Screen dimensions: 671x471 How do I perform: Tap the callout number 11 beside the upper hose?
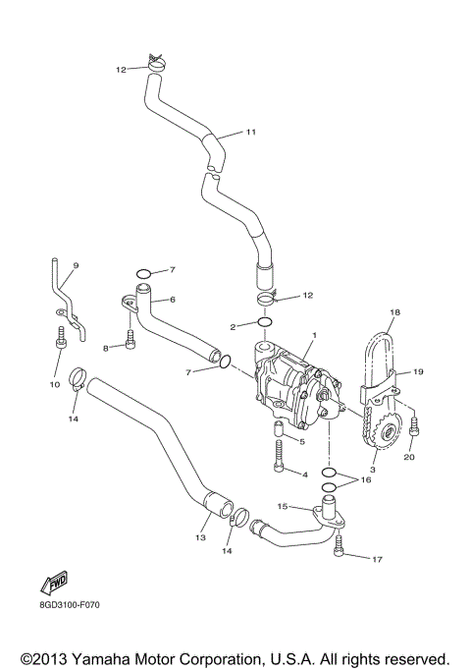249,132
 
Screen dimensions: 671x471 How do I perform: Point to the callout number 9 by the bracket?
76,266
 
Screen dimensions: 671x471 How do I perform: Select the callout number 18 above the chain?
394,313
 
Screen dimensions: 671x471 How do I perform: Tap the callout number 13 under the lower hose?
200,537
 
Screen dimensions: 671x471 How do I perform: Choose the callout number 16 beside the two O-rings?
366,479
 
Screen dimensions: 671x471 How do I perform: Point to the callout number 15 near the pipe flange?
281,507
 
